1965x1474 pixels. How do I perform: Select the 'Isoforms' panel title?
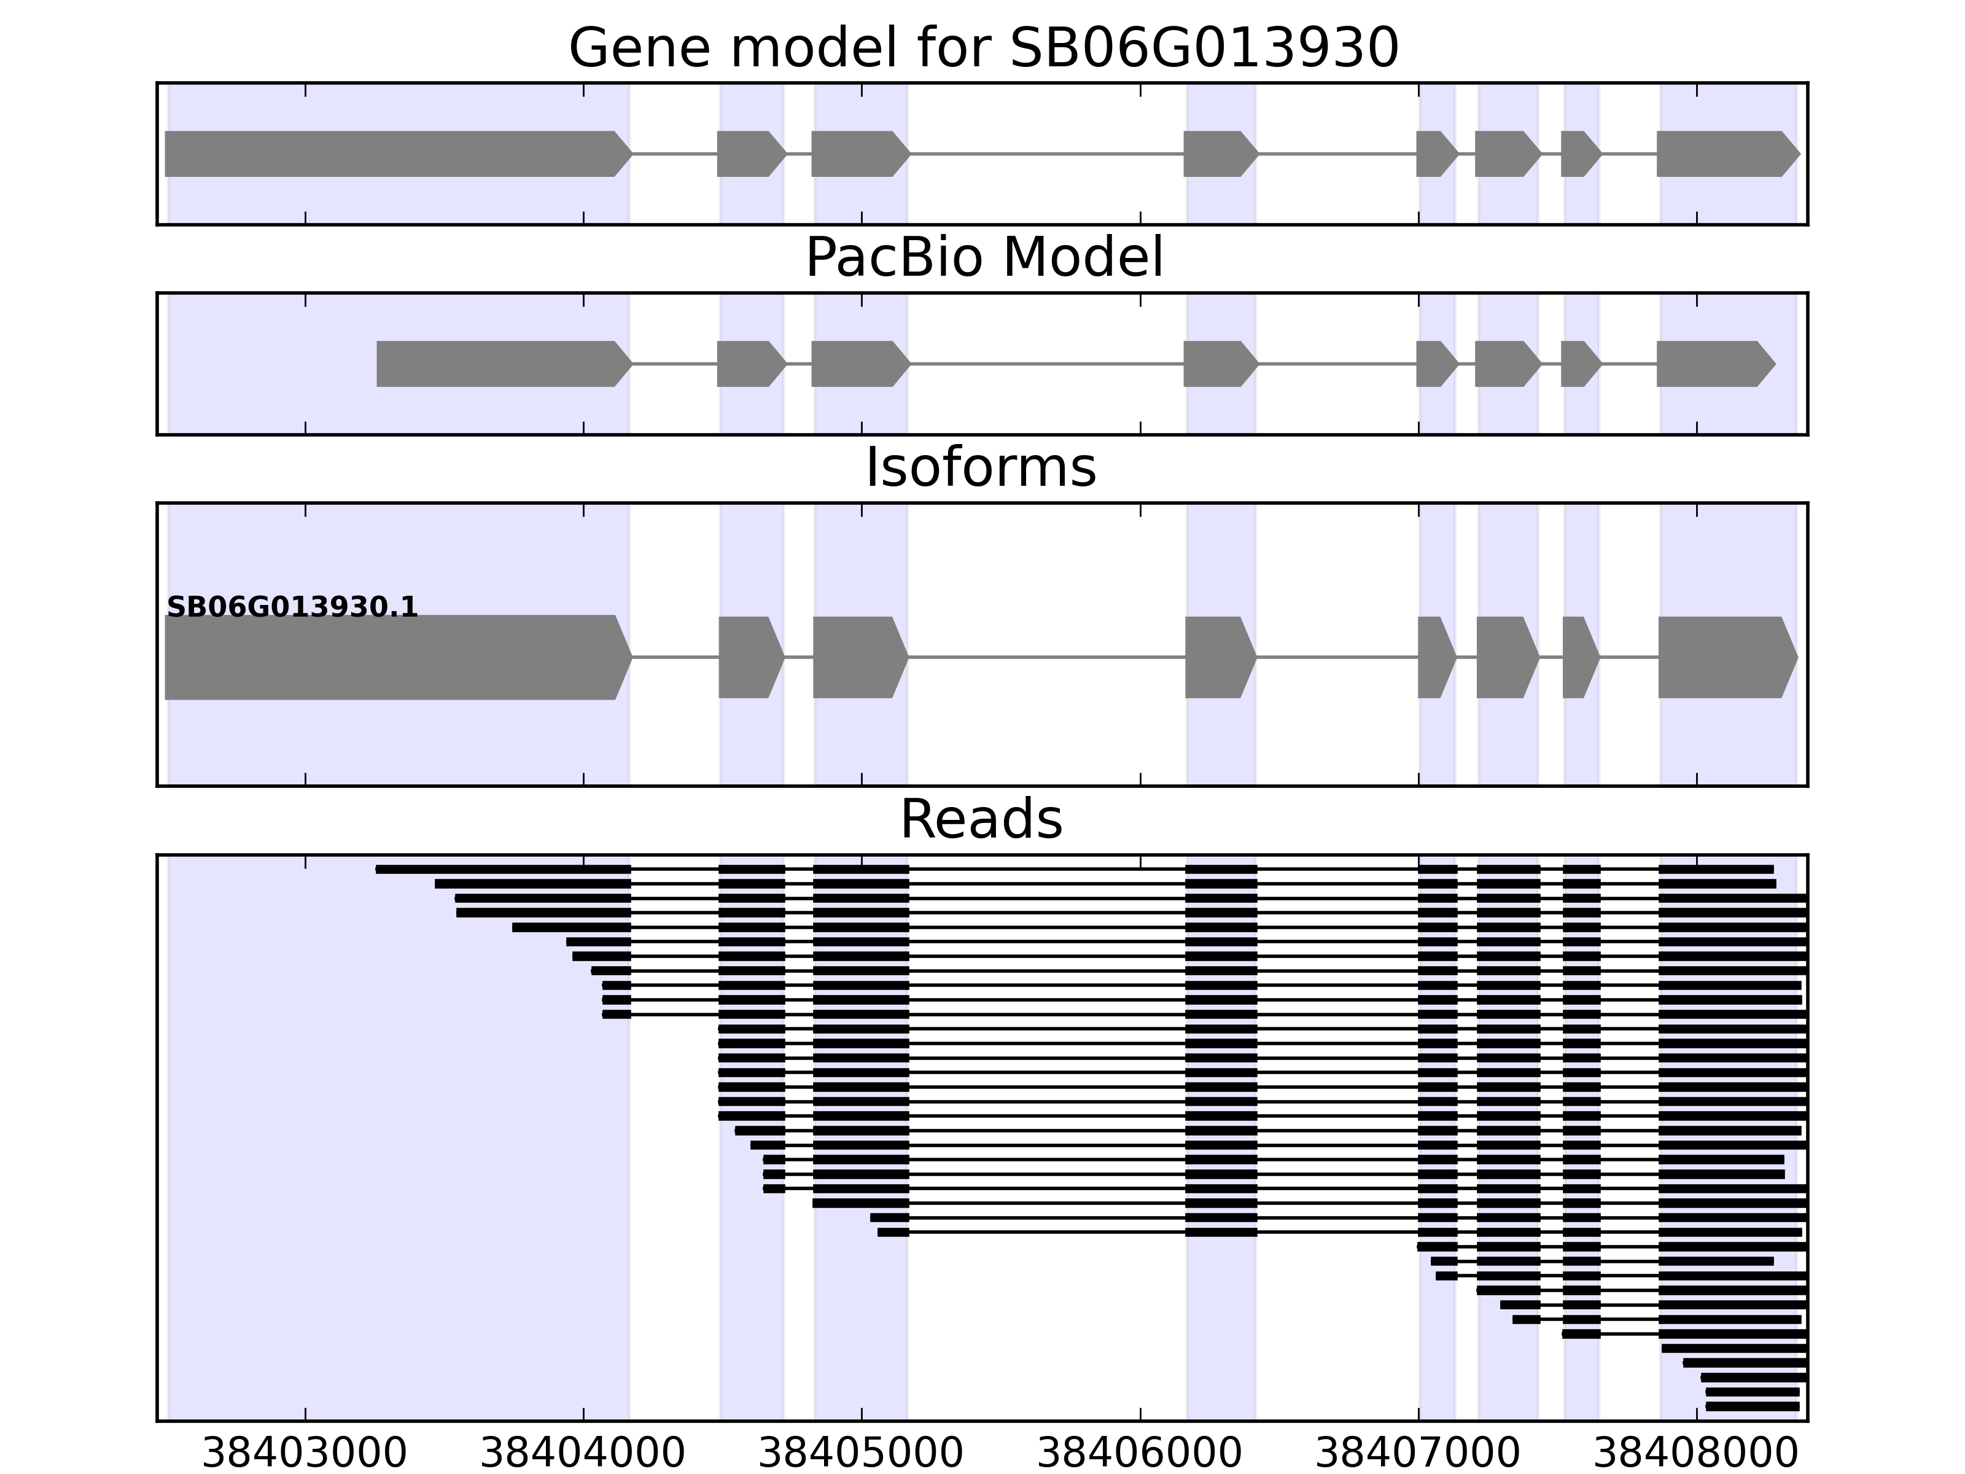pyautogui.click(x=980, y=467)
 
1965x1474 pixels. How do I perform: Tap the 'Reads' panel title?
pyautogui.click(x=981, y=819)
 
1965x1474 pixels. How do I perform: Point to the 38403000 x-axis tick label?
pyautogui.click(x=305, y=1454)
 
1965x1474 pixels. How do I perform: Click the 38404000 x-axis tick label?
pyautogui.click(x=583, y=1454)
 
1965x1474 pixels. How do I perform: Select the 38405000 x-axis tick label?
pyautogui.click(x=861, y=1454)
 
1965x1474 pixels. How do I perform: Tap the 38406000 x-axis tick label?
pyautogui.click(x=1139, y=1454)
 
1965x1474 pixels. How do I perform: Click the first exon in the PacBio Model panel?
pyautogui.click(x=502, y=364)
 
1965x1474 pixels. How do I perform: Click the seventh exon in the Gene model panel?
pyautogui.click(x=1579, y=154)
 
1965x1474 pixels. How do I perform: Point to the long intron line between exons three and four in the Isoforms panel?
pyautogui.click(x=1046, y=658)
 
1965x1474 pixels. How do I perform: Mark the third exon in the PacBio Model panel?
pyautogui.click(x=858, y=364)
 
